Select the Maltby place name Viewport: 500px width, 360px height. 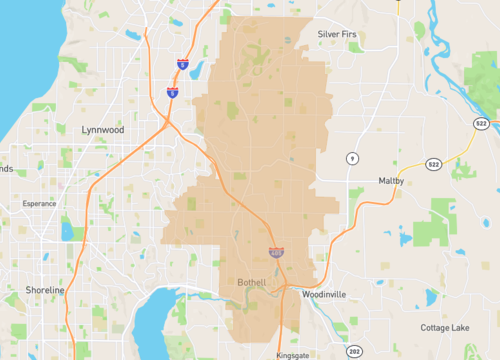(391, 180)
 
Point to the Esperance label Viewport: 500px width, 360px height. (41, 205)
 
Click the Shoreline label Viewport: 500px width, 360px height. (44, 290)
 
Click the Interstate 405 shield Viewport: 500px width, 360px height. (275, 252)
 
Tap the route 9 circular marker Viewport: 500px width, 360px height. (352, 159)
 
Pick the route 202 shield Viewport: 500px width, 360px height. (354, 352)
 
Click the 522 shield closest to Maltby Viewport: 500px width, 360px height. (433, 164)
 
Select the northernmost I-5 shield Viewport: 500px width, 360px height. (183, 63)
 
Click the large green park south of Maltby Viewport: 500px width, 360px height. (440, 215)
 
